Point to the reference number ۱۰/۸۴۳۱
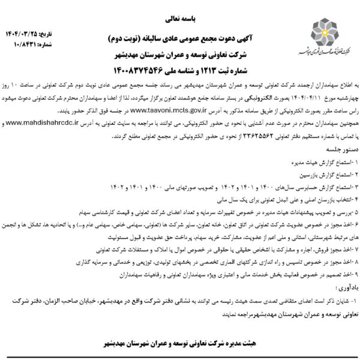[x=20, y=36]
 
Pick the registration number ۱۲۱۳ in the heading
[x=213, y=70]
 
